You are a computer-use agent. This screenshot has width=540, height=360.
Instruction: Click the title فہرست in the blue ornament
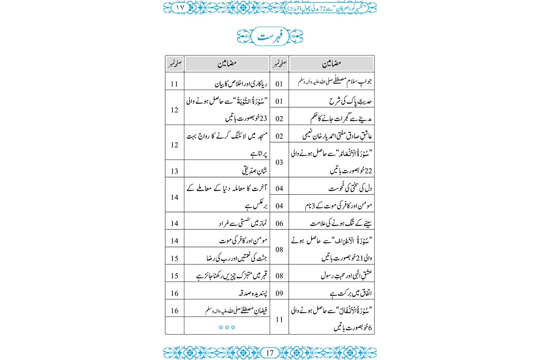point(270,36)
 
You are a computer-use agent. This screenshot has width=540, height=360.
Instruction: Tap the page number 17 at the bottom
point(270,353)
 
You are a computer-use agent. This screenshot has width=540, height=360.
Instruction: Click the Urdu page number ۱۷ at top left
point(180,8)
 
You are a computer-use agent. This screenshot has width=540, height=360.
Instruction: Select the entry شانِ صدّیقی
point(255,171)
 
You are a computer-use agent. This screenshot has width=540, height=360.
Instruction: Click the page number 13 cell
point(175,171)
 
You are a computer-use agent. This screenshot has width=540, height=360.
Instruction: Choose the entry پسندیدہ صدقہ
point(253,293)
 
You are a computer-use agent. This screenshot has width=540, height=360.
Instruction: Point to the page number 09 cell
point(279,293)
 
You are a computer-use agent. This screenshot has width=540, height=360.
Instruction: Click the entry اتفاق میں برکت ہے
point(350,293)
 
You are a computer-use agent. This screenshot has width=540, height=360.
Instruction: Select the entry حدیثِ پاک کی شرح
point(350,101)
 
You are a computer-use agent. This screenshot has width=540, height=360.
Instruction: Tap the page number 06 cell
point(279,224)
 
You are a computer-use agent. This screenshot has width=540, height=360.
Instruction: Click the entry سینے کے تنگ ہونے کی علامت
point(341,224)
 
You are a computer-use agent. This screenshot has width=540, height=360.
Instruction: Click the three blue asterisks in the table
point(227,328)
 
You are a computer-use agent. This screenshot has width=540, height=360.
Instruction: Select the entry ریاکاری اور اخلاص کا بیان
point(241,84)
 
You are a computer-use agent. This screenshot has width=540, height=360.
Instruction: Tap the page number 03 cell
point(279,162)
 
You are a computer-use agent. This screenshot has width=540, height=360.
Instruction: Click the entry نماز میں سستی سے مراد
point(243,224)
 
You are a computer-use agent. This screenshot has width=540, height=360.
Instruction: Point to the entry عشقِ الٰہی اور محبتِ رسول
point(346,276)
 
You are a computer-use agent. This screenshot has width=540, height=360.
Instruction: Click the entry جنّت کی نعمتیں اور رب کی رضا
point(237,258)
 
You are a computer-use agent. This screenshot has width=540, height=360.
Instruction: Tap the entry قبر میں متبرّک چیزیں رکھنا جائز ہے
point(232,276)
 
